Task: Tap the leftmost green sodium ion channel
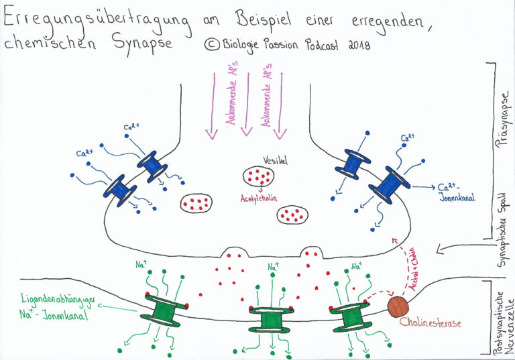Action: [x=162, y=310]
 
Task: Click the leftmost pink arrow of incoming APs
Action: [x=214, y=101]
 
